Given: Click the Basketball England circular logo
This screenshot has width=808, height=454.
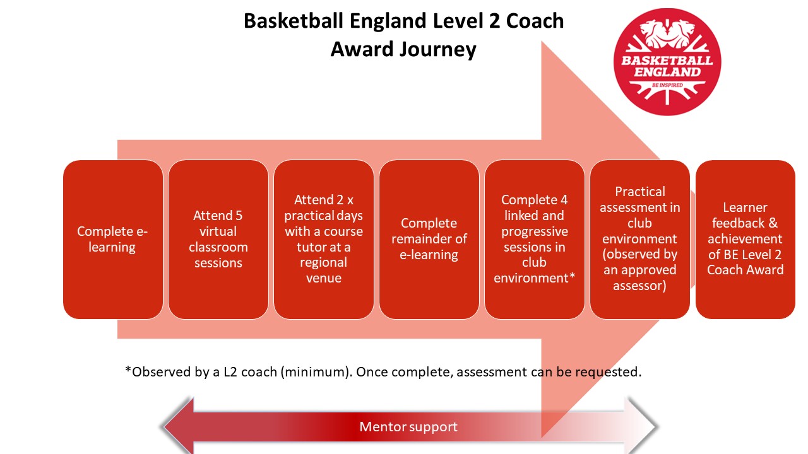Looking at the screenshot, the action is click(667, 62).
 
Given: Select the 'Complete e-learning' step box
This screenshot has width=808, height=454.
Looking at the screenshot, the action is click(113, 240).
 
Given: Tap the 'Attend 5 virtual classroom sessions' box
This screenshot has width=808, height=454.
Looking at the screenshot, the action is click(218, 240).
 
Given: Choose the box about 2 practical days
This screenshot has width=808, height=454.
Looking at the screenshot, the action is click(324, 240).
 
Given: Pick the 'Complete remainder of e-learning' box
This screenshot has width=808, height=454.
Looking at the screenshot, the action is click(429, 240).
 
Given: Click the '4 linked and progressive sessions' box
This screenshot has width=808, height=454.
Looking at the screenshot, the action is click(534, 240).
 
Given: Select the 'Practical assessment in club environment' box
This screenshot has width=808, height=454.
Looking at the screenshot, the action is click(640, 240).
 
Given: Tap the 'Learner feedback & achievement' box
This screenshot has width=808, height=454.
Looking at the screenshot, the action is click(746, 240).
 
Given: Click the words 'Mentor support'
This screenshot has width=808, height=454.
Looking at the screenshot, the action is click(408, 427).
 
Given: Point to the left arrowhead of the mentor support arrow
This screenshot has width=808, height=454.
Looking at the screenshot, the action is click(179, 427).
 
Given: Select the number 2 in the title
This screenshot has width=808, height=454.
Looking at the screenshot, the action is click(494, 21).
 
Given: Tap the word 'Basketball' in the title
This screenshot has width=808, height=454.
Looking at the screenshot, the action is click(294, 21).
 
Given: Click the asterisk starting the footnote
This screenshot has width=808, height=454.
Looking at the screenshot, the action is click(128, 370).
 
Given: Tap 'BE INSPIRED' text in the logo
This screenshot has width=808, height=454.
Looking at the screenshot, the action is click(667, 85).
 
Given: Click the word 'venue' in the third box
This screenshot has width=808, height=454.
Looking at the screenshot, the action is click(324, 278).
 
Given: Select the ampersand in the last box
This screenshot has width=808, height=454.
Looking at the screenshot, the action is click(773, 223).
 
